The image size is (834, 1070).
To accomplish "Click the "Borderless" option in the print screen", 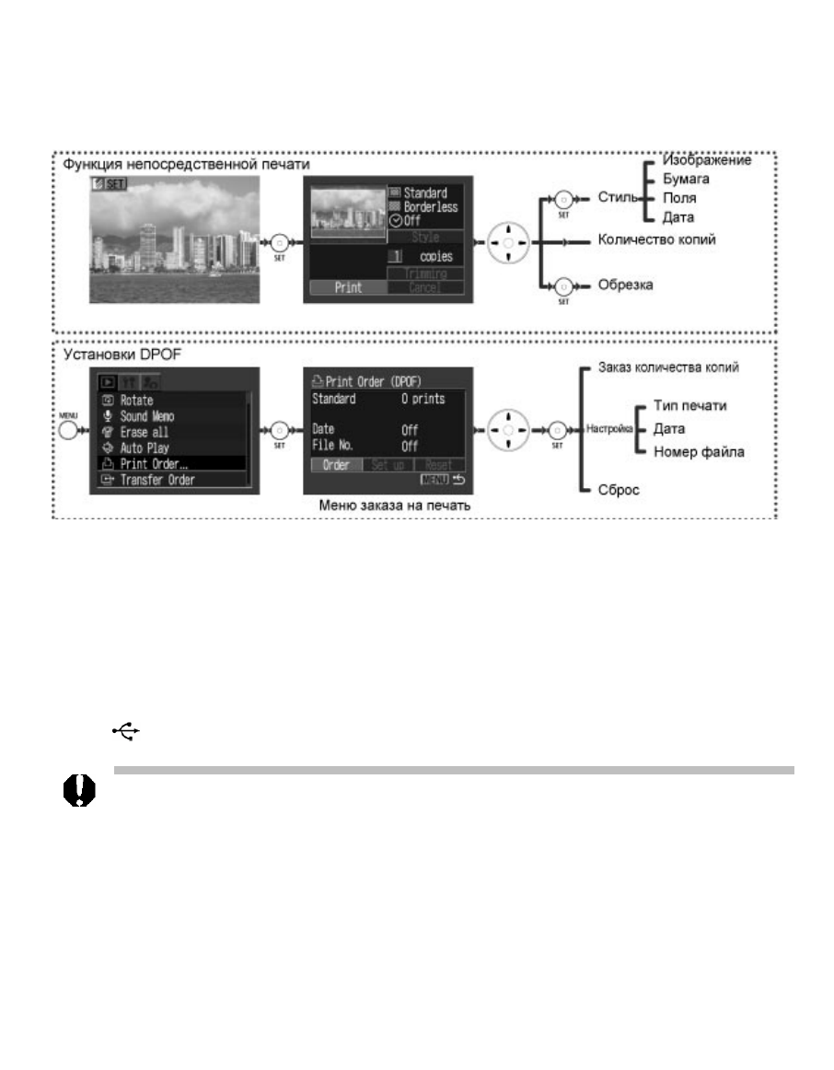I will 431,207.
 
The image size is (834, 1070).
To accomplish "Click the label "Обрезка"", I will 625,285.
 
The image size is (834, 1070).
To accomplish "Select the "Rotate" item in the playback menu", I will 136,401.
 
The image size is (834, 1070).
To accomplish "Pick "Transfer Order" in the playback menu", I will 157,479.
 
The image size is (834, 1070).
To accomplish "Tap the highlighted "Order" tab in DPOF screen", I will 336,465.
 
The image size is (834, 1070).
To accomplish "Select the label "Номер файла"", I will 699,451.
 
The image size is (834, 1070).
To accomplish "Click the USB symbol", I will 126,730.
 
